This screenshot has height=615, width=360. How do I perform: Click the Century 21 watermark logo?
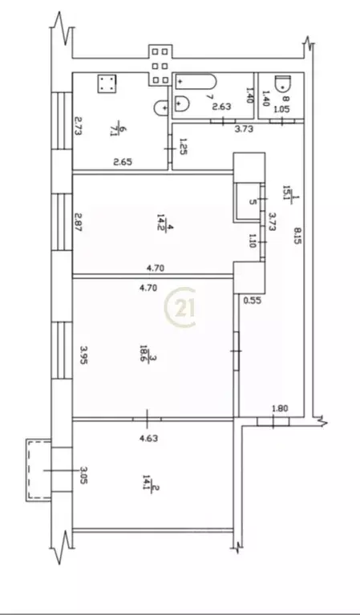tap(180, 308)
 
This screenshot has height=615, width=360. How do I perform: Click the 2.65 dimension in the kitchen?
tap(123, 163)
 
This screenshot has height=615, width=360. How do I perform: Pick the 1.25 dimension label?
tap(184, 148)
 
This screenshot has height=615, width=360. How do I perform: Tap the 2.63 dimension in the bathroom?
tap(221, 107)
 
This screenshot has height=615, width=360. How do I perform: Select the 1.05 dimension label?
tap(281, 108)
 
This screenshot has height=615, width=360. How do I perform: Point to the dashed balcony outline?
tap(37, 469)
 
